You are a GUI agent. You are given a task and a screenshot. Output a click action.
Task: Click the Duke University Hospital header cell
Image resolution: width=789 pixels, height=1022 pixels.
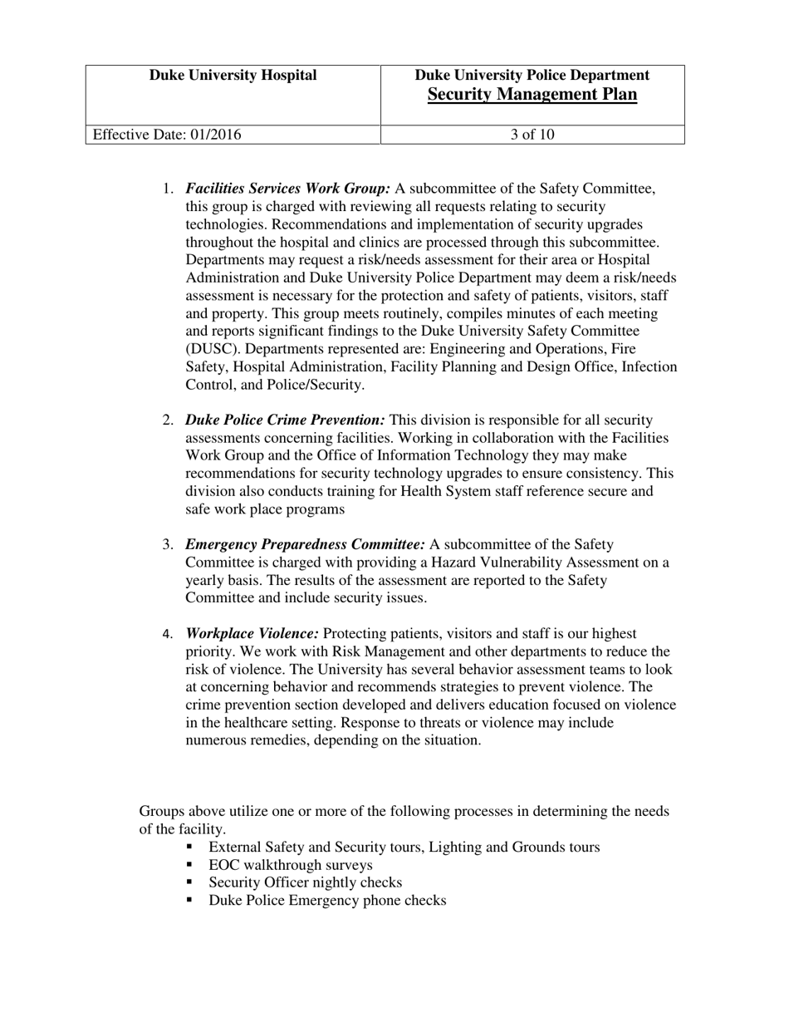coord(233,76)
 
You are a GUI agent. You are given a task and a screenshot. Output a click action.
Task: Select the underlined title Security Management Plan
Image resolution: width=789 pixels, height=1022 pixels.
coord(532,95)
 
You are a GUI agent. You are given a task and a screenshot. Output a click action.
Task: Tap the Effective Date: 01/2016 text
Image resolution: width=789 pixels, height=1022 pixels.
coord(167,135)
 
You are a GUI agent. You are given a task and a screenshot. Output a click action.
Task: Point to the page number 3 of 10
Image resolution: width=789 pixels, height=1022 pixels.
coord(532,135)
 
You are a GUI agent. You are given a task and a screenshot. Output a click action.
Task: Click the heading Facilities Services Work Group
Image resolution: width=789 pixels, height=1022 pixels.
coord(287,189)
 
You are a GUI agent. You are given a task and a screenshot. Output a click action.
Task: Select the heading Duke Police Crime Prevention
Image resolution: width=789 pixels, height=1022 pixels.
coord(285,420)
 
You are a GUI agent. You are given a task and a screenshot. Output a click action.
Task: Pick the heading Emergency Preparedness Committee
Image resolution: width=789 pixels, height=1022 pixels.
coord(305,545)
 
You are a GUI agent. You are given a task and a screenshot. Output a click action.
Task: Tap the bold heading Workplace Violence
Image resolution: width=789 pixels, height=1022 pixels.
coord(252,634)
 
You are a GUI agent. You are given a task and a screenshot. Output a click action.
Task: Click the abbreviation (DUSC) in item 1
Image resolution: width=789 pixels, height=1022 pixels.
coord(212,349)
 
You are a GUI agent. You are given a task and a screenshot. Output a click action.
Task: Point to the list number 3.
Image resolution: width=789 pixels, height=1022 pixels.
coord(167,545)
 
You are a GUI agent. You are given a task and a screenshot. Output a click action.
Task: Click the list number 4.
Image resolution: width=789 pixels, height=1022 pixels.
coord(167,634)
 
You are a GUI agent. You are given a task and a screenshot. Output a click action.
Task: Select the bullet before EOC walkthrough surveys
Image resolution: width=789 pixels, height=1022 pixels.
coord(190,865)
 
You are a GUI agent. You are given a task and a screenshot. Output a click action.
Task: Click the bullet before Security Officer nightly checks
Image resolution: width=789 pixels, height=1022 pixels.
coord(190,882)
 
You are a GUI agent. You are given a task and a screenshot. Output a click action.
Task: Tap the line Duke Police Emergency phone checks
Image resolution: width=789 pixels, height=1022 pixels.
coord(327,901)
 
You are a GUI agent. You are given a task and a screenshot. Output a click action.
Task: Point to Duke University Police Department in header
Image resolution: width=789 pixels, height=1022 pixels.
coord(532,76)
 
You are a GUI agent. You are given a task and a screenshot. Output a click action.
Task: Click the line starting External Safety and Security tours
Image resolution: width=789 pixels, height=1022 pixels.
coord(404,848)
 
